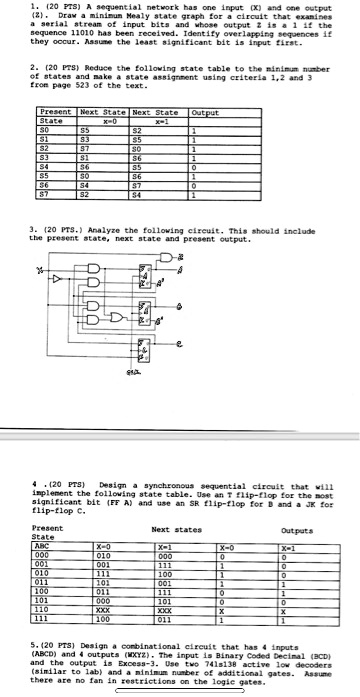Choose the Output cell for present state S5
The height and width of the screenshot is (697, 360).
click(x=204, y=175)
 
